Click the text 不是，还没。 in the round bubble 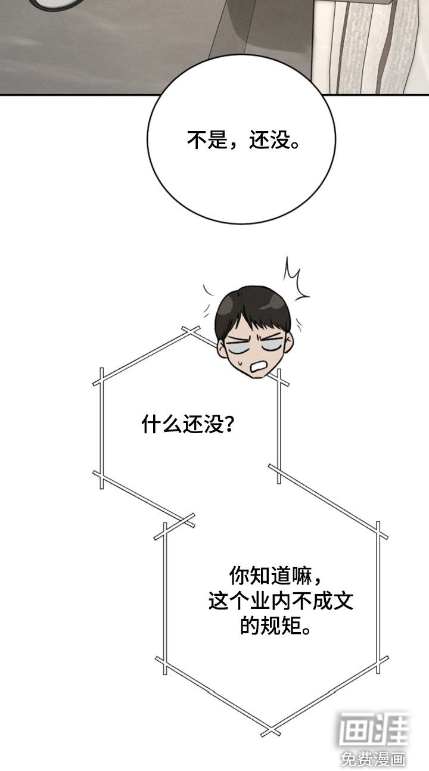[244, 140]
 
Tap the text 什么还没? [188, 424]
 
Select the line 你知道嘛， [275, 575]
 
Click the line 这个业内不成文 [281, 601]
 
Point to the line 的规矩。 [275, 626]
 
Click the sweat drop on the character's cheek [240, 362]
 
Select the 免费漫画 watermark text [373, 758]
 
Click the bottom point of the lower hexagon [271, 731]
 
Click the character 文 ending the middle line [343, 601]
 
